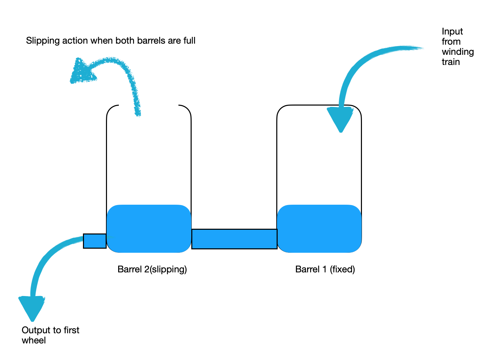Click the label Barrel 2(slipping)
pos(152,269)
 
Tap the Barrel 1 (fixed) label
pos(325,269)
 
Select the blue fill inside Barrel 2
pos(149,229)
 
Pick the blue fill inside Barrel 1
pos(319,229)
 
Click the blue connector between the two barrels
pos(234,239)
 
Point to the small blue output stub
pos(95,241)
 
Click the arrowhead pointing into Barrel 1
pos(340,118)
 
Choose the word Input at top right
pos(452,31)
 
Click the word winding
pos(458,52)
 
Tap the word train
pos(451,62)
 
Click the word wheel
pos(34,340)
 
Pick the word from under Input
pos(451,42)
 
